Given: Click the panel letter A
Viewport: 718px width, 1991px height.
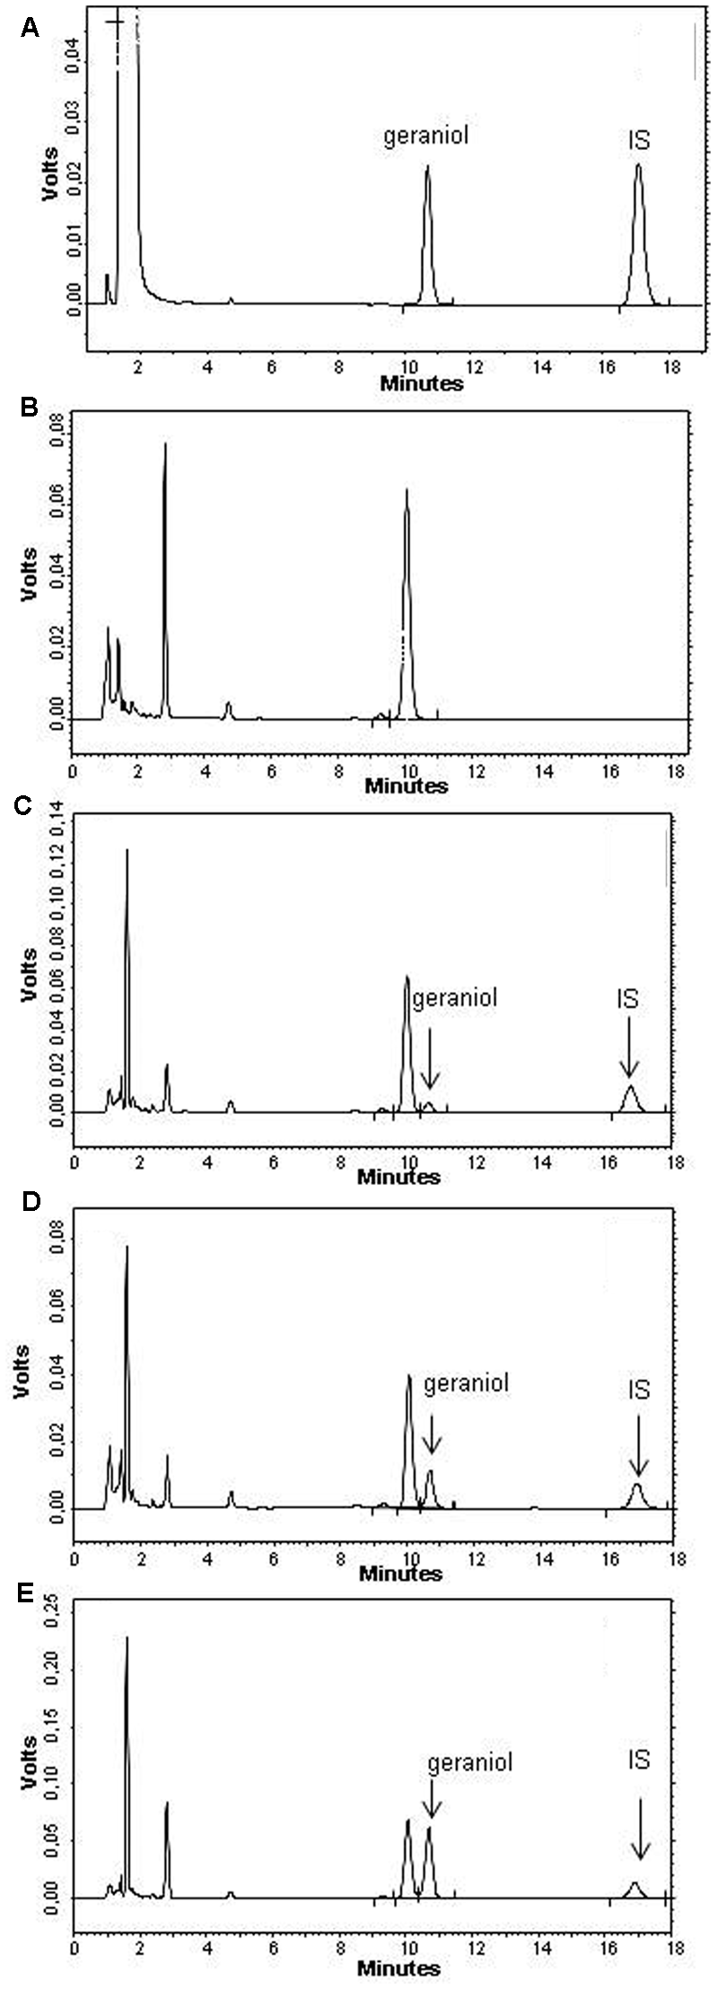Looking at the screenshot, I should point(30,29).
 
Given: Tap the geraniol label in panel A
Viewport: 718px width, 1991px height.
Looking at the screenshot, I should point(426,136).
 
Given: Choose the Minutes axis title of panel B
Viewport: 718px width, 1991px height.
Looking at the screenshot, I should point(406,785).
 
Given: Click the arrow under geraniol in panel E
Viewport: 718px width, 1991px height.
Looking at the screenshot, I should point(432,1792).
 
